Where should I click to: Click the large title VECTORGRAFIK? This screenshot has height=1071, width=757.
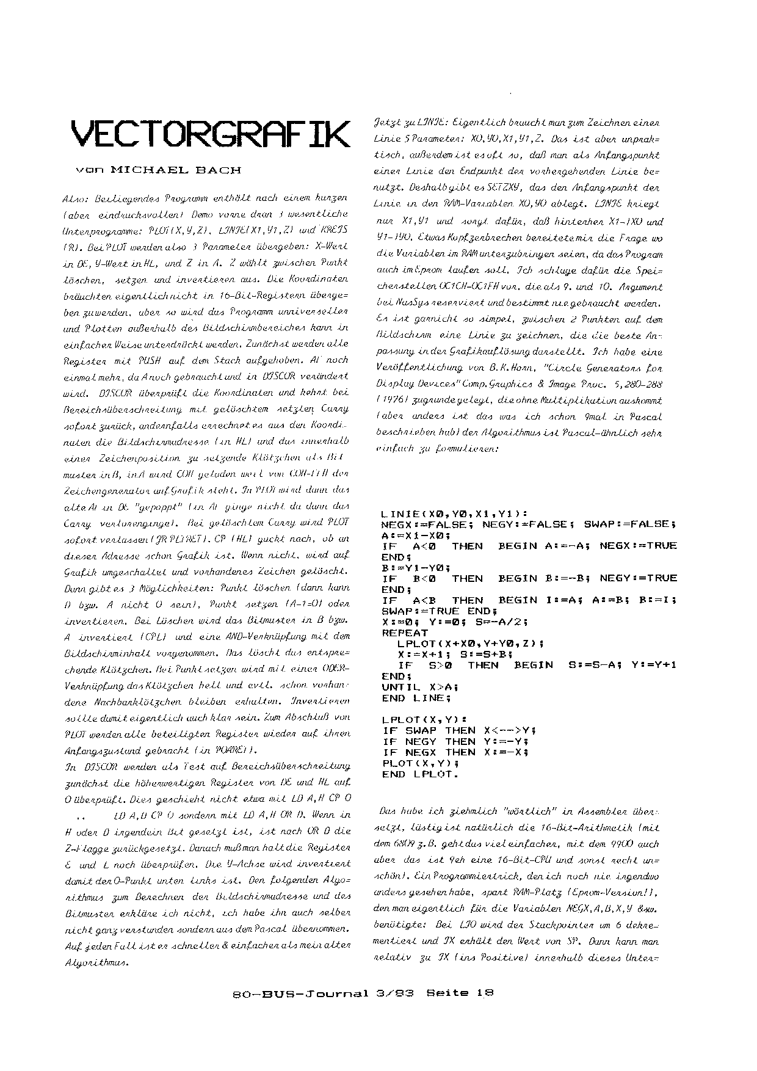click(211, 133)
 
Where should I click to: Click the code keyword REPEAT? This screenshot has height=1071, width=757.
click(406, 633)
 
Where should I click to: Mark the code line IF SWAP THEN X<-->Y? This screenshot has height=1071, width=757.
click(459, 730)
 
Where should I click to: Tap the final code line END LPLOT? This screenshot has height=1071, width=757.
click(420, 774)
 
